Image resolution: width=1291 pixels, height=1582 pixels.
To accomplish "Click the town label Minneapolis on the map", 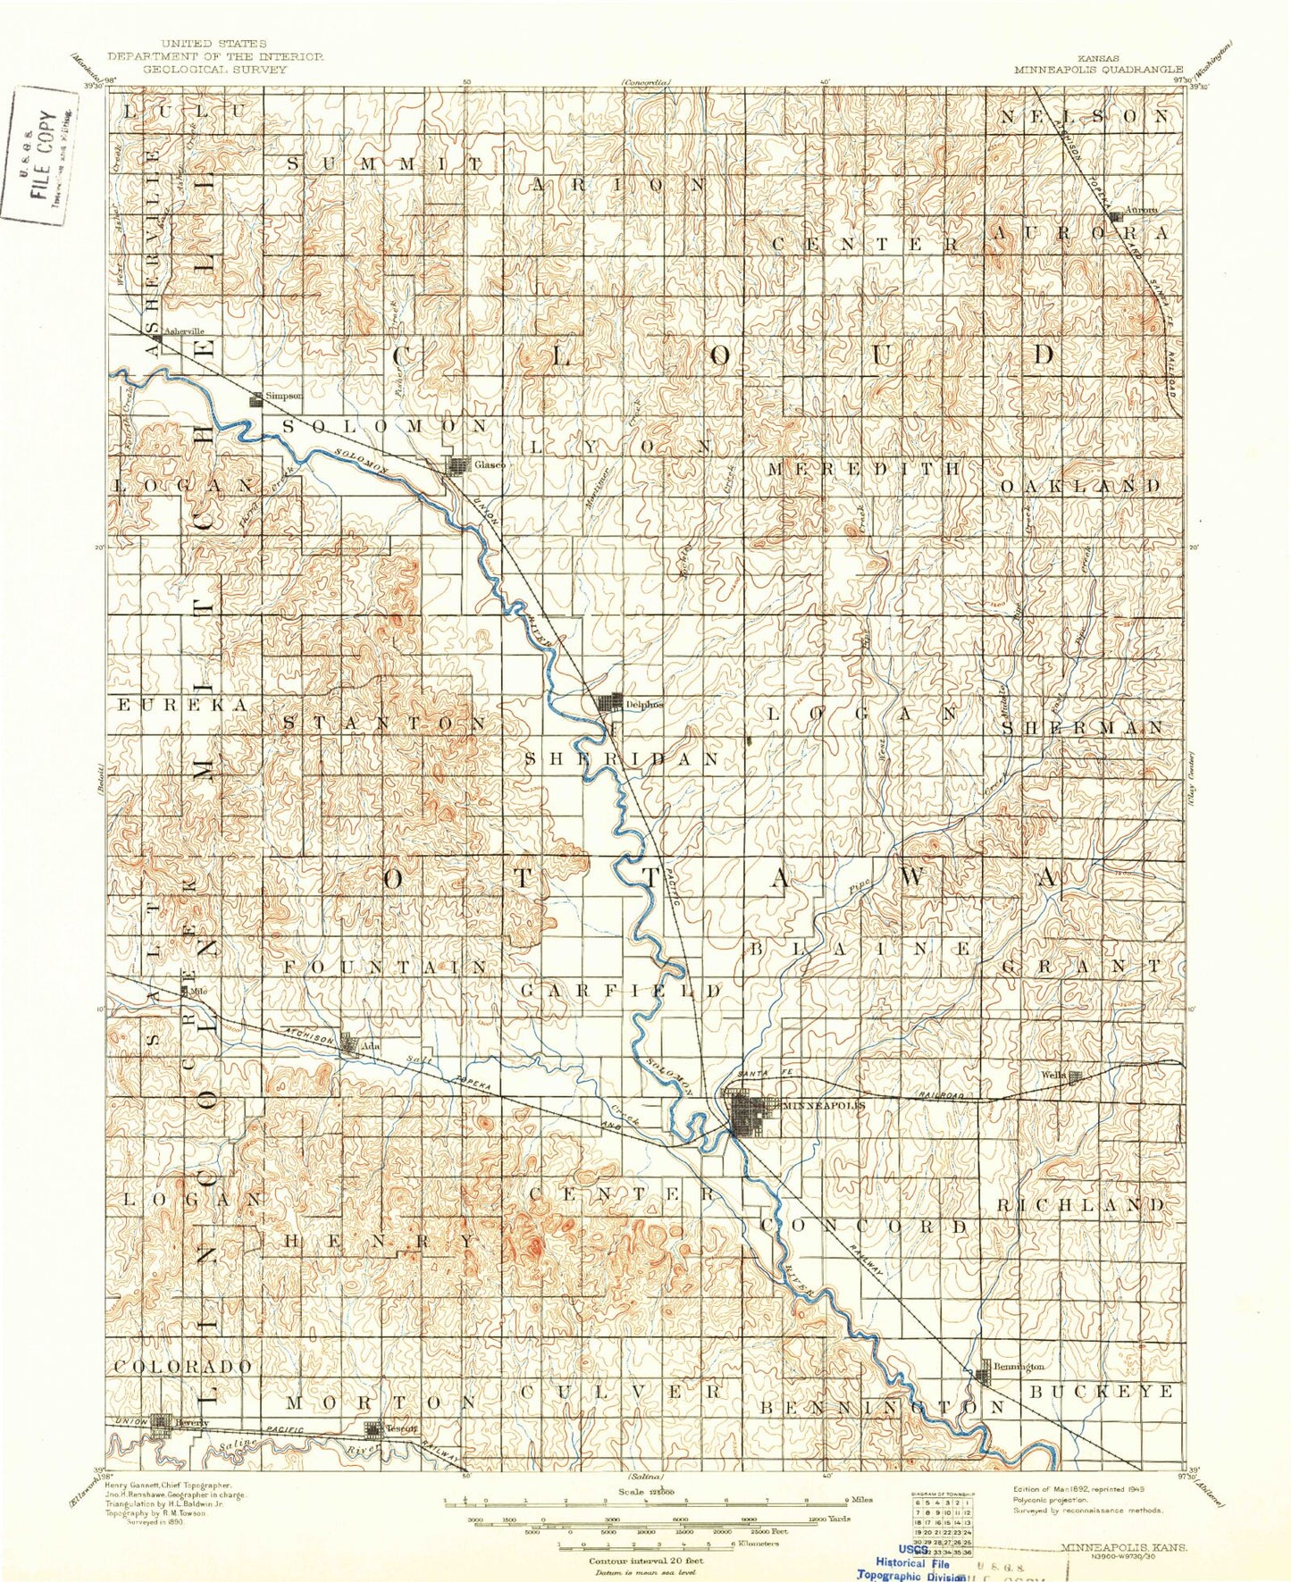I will [x=823, y=1105].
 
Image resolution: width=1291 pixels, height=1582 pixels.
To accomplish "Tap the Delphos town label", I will [x=644, y=704].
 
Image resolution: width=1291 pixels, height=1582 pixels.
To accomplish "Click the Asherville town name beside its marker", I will [x=182, y=331].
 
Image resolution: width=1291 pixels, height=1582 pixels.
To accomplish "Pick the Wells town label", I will [x=1052, y=1076].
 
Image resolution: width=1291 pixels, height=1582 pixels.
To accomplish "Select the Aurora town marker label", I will [x=1141, y=211].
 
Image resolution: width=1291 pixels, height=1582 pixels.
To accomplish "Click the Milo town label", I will [x=197, y=991].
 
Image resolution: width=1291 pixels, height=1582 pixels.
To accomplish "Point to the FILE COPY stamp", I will [x=40, y=156].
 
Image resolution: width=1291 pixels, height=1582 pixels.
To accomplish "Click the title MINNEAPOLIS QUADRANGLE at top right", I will [x=1098, y=69].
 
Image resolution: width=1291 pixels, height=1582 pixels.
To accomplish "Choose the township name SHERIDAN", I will [x=621, y=759].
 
